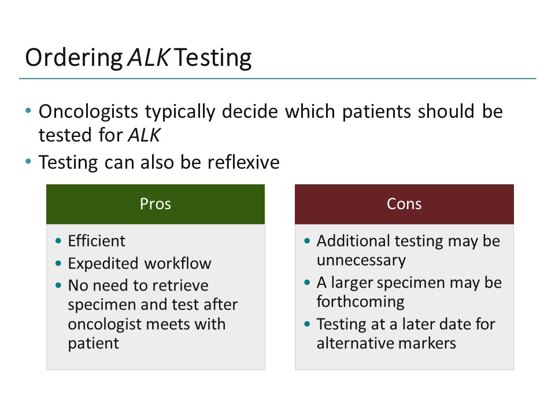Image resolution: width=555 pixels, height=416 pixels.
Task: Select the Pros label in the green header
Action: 156,204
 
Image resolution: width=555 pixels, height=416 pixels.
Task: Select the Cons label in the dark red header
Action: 404,204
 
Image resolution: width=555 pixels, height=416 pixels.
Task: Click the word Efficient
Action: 97,240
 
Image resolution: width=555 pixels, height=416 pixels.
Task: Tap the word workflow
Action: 178,263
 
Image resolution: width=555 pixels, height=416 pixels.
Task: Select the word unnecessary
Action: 361,260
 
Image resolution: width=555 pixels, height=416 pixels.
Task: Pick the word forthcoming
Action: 361,302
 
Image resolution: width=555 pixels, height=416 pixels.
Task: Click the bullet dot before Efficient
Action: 58,241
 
